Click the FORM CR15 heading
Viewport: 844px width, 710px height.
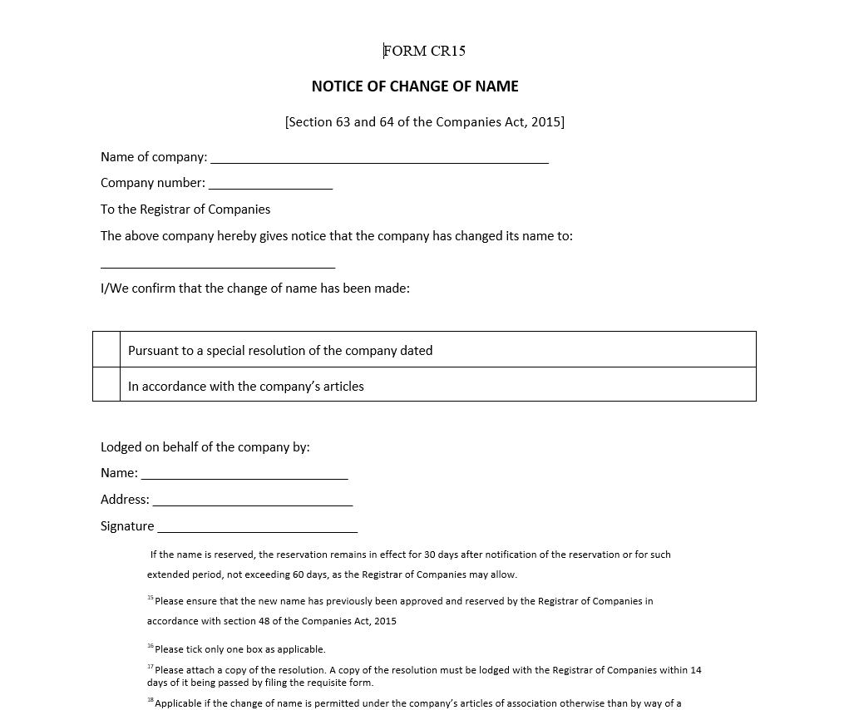coord(424,51)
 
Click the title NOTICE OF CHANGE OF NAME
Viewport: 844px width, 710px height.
coord(415,86)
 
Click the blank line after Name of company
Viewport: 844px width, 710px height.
coord(379,158)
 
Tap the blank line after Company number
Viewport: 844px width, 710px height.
coord(270,184)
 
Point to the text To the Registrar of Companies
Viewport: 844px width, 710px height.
coord(185,210)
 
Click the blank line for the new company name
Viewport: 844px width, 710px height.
coord(218,263)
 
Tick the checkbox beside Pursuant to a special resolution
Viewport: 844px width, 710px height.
coord(106,350)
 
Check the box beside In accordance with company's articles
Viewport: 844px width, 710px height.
coord(106,385)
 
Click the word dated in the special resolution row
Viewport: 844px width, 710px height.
coord(416,351)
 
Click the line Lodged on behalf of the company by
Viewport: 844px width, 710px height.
coord(205,447)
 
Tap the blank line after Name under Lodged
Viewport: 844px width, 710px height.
coord(244,474)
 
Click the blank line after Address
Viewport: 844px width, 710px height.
coord(253,500)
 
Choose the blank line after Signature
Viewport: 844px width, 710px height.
coord(258,527)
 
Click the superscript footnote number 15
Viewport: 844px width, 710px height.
coord(151,598)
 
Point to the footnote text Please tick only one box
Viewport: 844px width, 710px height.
coord(240,649)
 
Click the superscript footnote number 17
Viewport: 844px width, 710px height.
coord(151,667)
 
